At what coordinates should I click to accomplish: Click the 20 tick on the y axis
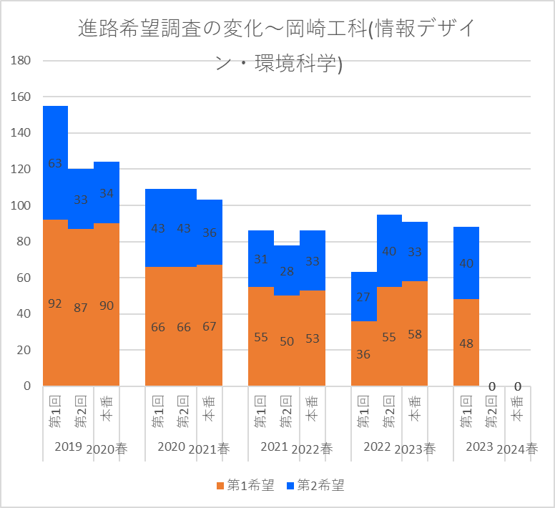coord(23,350)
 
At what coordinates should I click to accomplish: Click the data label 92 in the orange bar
coord(55,303)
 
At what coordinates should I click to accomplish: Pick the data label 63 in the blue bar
coord(55,163)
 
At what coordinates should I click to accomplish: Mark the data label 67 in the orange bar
coord(210,326)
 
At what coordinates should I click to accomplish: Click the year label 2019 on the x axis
coord(68,447)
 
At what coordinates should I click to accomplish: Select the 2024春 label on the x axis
coord(517,449)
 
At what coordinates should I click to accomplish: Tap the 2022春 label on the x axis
coord(312,449)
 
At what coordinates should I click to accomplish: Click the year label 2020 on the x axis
coord(171,447)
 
